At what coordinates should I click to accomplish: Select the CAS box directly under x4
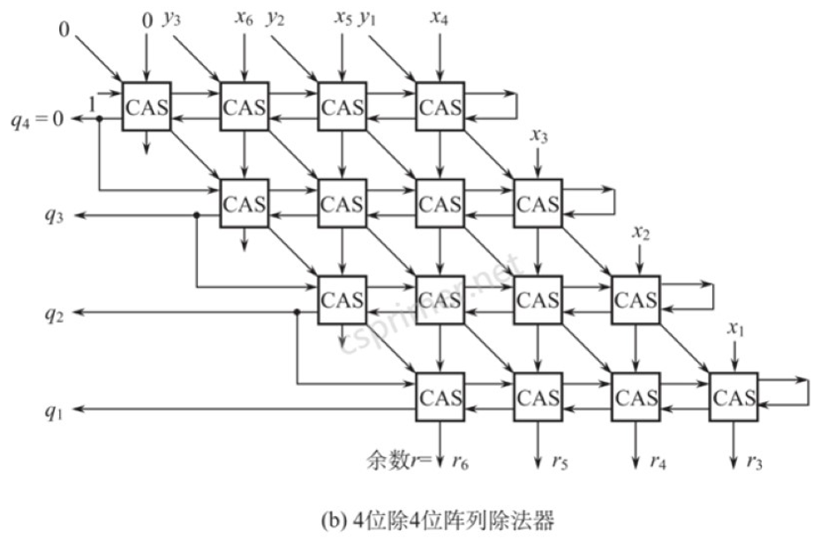pyautogui.click(x=440, y=107)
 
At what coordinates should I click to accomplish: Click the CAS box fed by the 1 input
pyautogui.click(x=147, y=107)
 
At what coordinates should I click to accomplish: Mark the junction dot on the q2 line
pyautogui.click(x=296, y=312)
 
